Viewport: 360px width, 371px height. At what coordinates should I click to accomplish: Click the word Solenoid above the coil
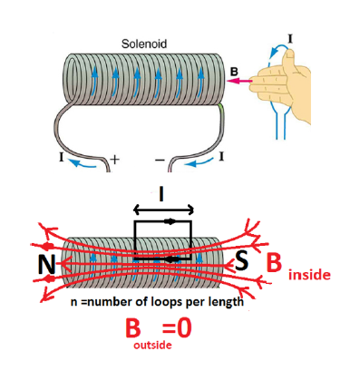(144, 44)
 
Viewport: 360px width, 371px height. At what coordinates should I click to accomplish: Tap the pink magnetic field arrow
(238, 81)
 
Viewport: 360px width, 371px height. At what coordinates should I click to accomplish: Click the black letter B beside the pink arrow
(234, 72)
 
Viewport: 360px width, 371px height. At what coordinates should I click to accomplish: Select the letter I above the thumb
(290, 39)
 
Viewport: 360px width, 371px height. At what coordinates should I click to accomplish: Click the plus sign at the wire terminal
(114, 159)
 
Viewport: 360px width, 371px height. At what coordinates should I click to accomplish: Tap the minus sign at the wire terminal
(160, 160)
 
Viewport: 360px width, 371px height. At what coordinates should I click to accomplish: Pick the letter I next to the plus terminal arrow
(62, 157)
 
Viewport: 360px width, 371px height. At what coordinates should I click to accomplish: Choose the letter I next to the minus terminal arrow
(221, 156)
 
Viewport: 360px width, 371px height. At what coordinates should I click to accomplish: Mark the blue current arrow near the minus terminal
(199, 162)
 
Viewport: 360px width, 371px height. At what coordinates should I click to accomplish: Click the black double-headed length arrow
(163, 210)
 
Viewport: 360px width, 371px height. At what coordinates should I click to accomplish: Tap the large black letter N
(47, 265)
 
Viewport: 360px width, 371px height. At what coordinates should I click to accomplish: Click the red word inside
(309, 275)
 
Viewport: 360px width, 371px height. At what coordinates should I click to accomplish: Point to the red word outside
(152, 345)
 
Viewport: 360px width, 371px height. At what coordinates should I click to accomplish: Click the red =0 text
(177, 328)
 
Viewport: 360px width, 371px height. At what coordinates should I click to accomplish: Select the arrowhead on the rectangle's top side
(170, 221)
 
